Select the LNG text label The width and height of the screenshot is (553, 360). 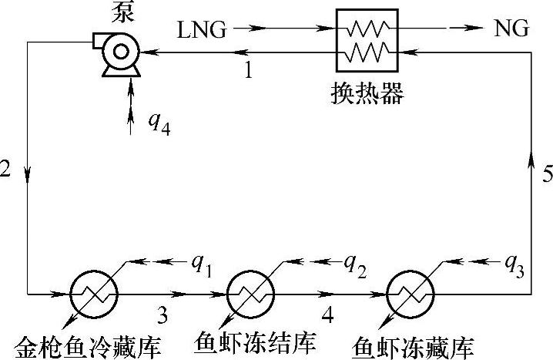coord(202,30)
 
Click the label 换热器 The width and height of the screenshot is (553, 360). coord(366,94)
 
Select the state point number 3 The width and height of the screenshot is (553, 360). coord(162,314)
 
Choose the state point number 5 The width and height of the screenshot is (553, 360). coord(546,174)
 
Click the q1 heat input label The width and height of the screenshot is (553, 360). coord(202,264)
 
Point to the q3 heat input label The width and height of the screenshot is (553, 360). coord(514,264)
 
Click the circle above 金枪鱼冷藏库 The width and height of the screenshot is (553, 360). coord(93,294)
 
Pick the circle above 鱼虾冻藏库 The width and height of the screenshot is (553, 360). coord(407,294)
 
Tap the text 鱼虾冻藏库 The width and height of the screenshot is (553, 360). coord(411,344)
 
